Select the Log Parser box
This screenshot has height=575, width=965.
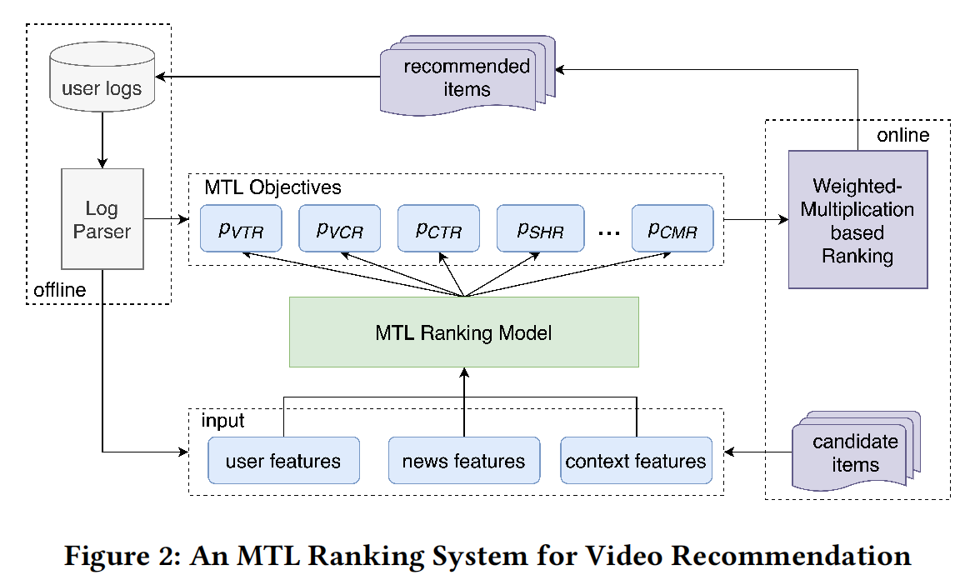click(102, 219)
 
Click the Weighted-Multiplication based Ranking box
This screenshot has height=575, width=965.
click(857, 220)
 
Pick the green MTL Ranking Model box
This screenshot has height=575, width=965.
click(463, 332)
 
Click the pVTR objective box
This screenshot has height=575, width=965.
click(241, 228)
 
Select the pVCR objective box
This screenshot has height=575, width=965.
click(340, 228)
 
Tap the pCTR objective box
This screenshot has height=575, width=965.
click(439, 228)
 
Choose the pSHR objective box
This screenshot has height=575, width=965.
click(537, 228)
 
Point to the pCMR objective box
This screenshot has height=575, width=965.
click(672, 228)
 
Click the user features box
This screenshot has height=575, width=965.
click(283, 461)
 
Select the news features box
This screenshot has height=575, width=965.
click(463, 461)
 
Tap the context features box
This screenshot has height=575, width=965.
click(636, 461)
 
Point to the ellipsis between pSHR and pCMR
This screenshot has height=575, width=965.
click(609, 234)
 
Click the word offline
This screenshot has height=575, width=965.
click(59, 290)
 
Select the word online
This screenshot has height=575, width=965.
click(902, 135)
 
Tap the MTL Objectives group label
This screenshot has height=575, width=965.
click(272, 187)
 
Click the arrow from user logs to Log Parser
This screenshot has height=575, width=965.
click(102, 138)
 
